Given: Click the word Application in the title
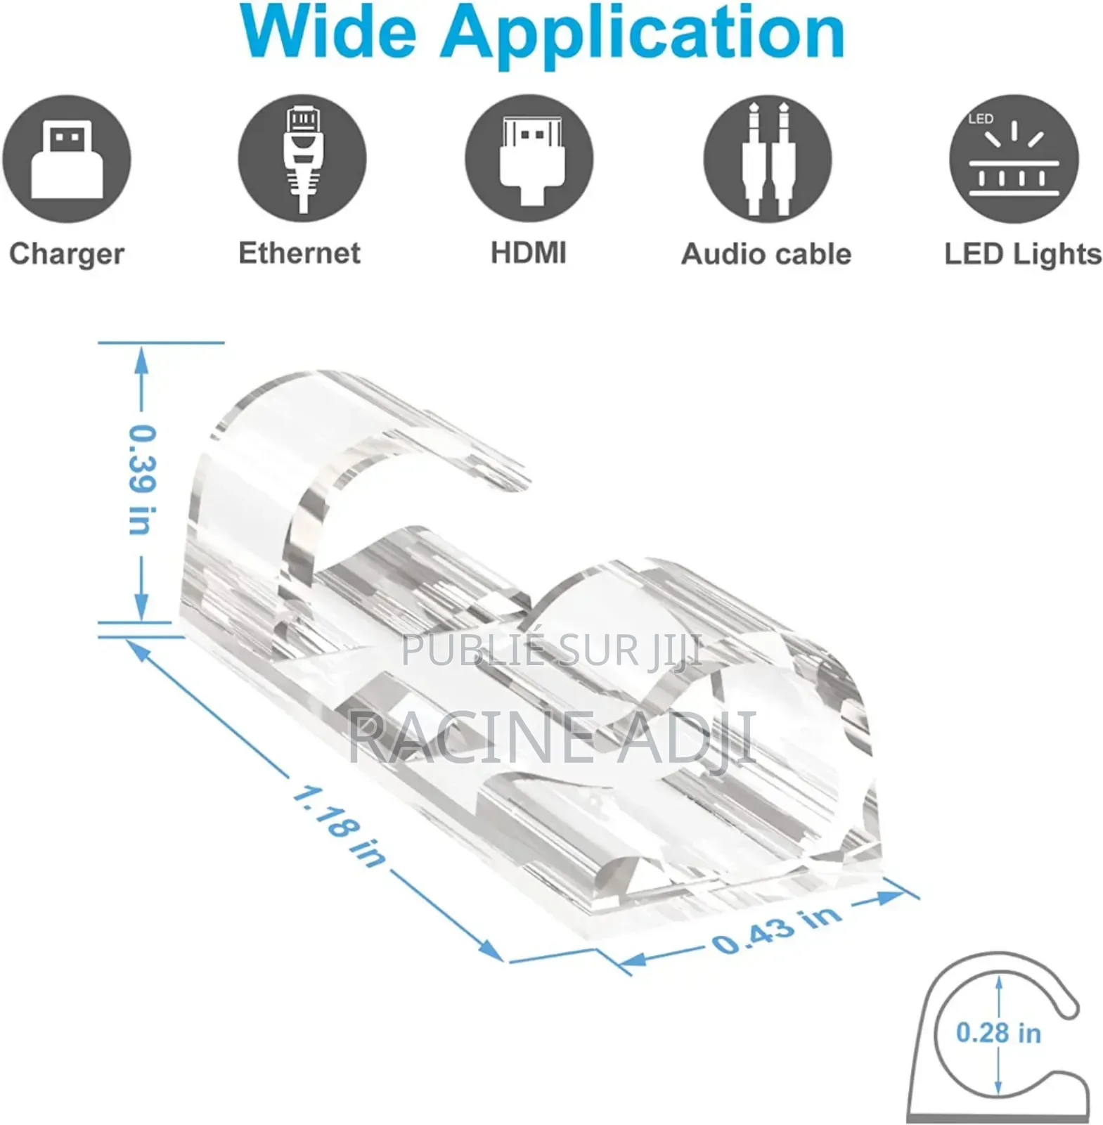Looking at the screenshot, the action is (642, 35).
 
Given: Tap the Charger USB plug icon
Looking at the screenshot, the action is (67, 159).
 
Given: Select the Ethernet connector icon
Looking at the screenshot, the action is (302, 159).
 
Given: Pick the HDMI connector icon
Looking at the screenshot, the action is (529, 159).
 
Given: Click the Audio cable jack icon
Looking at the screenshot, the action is (768, 159).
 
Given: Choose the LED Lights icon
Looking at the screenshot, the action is (1014, 159).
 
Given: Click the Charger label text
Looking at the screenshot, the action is (67, 255).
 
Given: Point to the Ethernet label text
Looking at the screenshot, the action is (299, 253).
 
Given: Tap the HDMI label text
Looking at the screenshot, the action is (529, 253).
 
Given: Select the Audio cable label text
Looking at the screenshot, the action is (766, 254).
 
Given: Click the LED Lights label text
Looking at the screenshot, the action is (1023, 255).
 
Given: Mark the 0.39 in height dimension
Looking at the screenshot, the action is (142, 480).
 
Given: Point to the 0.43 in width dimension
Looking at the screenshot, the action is (776, 930).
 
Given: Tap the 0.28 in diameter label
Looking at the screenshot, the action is (998, 1033).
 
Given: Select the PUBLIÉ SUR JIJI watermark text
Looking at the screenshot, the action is (553, 651).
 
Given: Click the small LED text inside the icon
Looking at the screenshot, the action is (981, 119).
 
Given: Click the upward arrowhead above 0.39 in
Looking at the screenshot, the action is (142, 360).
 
